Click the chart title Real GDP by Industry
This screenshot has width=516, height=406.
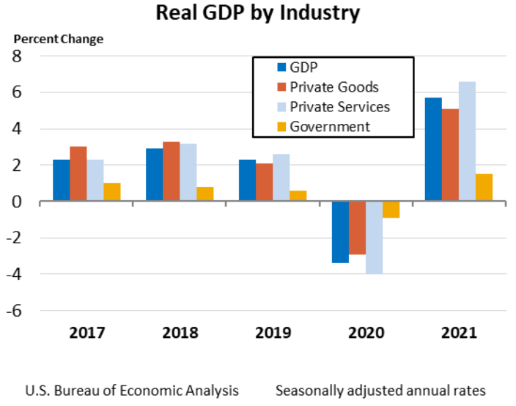258,13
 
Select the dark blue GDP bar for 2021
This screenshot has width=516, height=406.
433,149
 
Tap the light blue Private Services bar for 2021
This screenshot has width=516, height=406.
467,141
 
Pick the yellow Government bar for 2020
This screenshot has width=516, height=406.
391,209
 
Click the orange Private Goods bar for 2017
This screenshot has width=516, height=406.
78,174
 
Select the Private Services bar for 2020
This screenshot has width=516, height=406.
374,237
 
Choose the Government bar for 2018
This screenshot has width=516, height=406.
205,193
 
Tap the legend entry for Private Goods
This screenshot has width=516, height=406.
334,87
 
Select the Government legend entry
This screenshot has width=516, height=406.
330,126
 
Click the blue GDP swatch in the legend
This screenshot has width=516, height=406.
281,68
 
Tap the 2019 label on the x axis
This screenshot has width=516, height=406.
273,332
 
